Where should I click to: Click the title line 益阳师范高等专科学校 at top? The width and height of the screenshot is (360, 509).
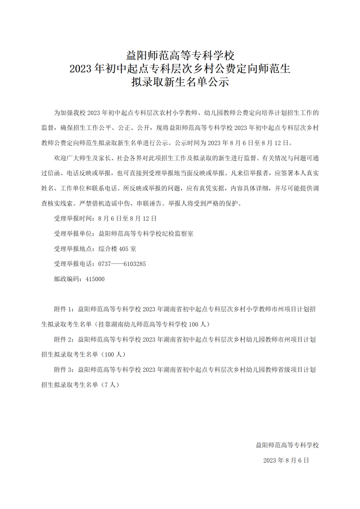(x=180, y=54)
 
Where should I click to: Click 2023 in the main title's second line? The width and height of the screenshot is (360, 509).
(x=82, y=68)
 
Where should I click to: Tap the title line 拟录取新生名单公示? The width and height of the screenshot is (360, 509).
(x=180, y=82)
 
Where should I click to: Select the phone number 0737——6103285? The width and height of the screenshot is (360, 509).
(x=122, y=264)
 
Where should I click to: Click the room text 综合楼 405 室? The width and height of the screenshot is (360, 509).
(x=117, y=248)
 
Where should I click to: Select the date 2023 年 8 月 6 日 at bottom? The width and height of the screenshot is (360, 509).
(x=286, y=460)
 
